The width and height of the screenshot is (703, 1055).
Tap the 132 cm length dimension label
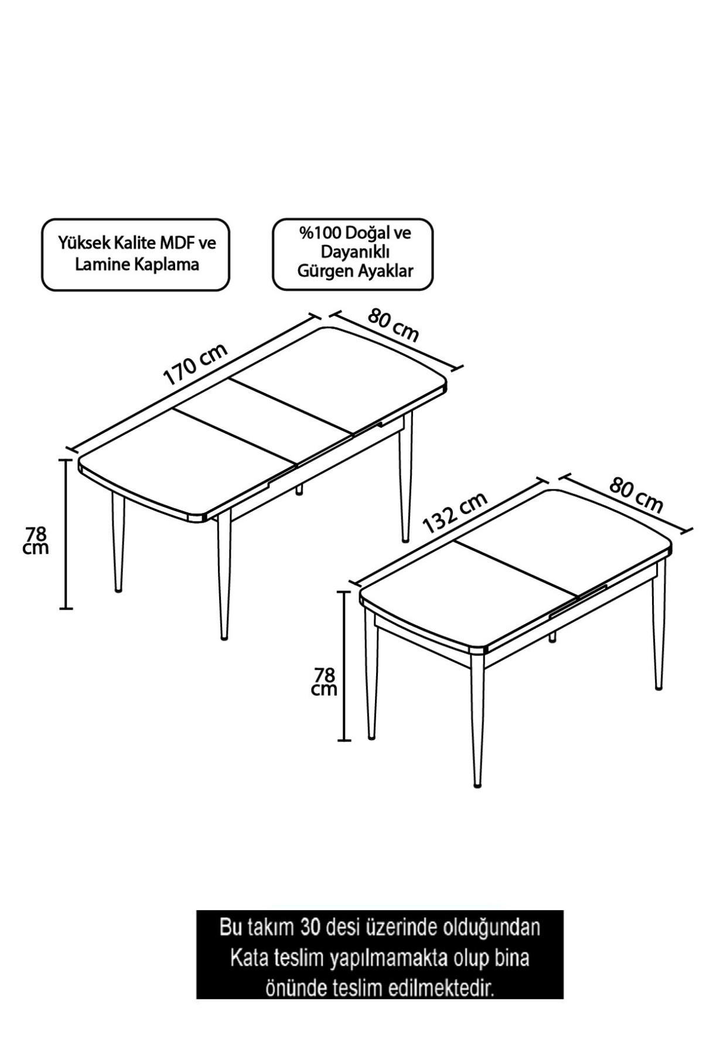[x=455, y=511]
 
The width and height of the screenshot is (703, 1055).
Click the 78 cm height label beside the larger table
[x=36, y=540]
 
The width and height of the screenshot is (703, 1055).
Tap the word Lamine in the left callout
[x=98, y=264]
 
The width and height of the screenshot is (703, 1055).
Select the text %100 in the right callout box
[x=319, y=233]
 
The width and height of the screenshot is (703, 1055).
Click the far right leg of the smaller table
[x=659, y=627]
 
